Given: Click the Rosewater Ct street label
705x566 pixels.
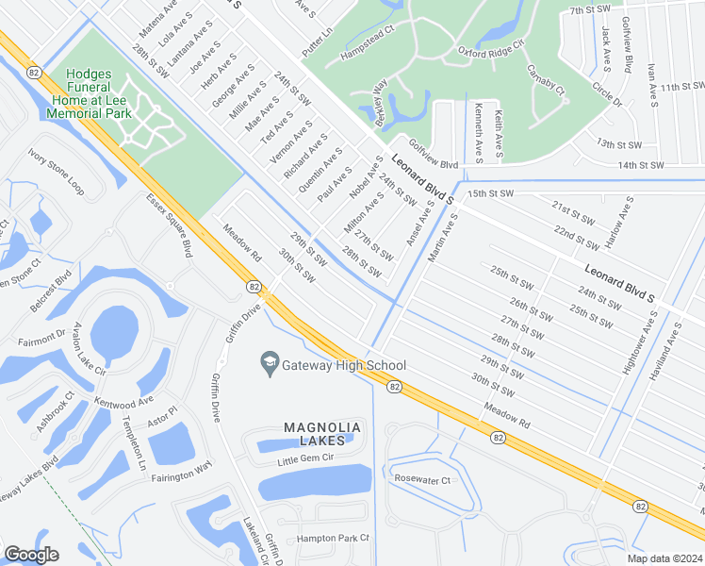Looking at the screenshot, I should pyautogui.click(x=423, y=479).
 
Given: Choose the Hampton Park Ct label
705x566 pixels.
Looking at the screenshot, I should pyautogui.click(x=333, y=538).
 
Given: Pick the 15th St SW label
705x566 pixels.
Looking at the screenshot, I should pyautogui.click(x=490, y=193).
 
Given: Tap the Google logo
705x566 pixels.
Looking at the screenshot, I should pyautogui.click(x=31, y=555).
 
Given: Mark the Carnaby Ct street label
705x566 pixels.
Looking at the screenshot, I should pyautogui.click(x=546, y=82).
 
